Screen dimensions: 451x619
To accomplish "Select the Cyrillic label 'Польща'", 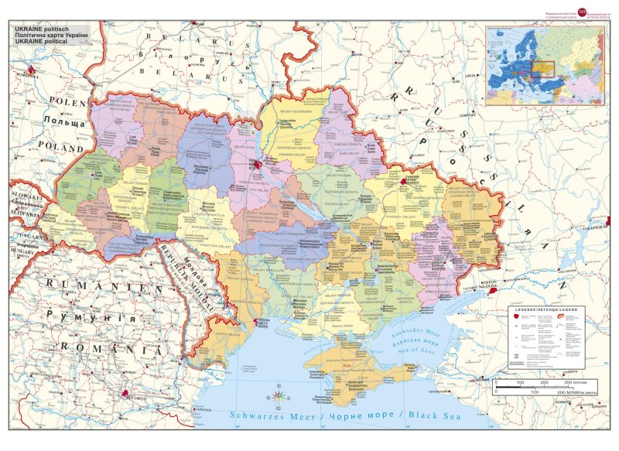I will (x=63, y=122).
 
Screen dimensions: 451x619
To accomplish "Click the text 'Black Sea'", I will (x=433, y=416).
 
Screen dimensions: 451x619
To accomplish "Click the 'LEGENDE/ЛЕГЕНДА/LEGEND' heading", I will (x=546, y=310).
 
